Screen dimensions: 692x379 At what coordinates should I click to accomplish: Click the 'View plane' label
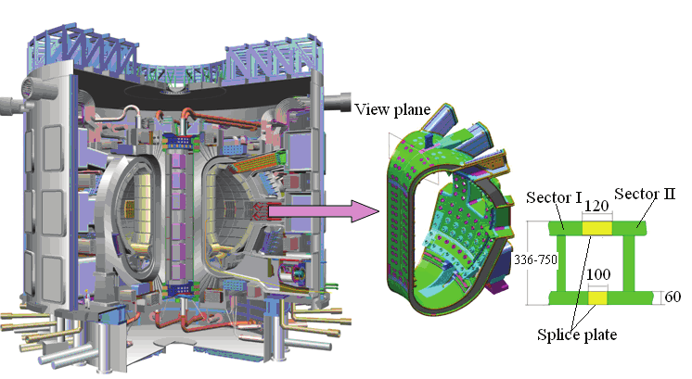392,109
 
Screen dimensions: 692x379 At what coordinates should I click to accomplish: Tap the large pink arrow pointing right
324,211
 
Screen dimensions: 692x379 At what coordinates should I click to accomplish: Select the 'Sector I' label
554,197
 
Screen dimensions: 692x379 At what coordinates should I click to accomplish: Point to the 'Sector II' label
645,194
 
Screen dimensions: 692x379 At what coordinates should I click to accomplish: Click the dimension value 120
596,206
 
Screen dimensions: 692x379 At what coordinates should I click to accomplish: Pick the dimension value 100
598,274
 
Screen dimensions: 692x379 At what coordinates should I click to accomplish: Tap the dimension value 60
673,297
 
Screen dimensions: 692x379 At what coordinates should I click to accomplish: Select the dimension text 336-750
536,260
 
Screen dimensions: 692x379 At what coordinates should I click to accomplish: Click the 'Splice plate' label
577,335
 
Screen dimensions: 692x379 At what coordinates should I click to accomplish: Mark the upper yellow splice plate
596,228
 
